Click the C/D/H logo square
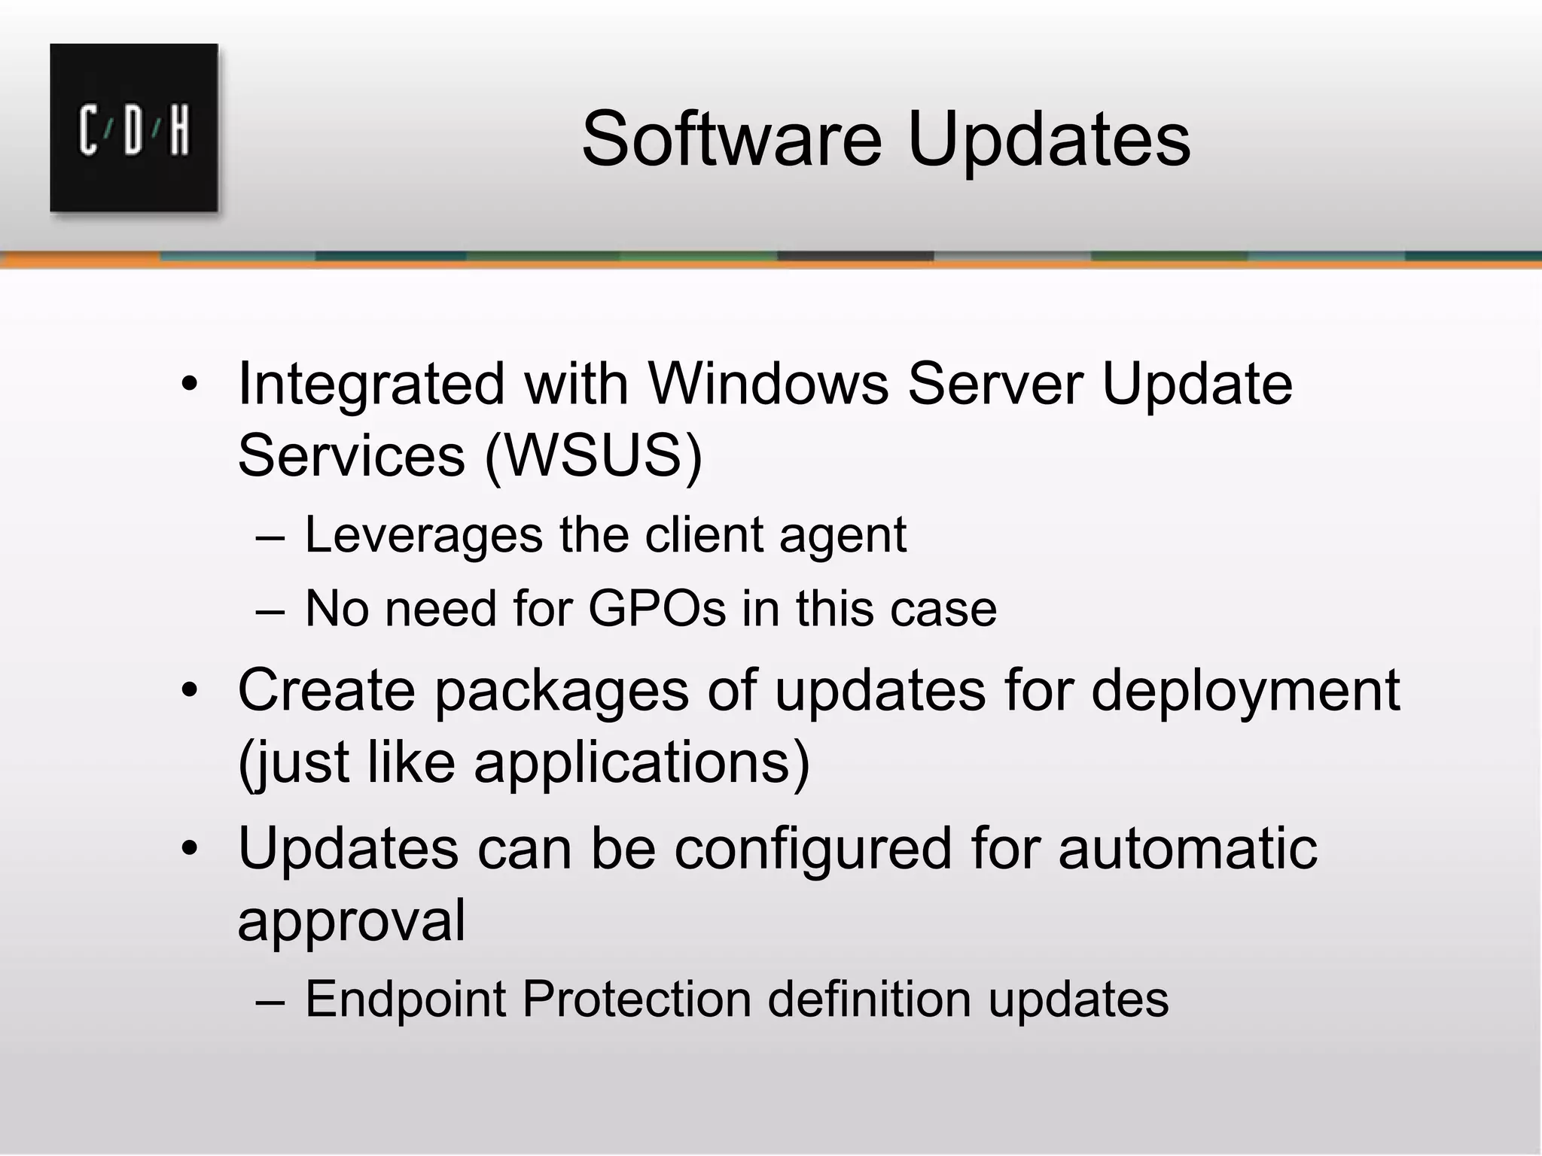(134, 128)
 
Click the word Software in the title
(731, 139)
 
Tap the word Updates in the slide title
(1049, 141)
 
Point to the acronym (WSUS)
(593, 455)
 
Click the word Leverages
(424, 535)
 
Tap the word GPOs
(657, 608)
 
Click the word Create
(326, 689)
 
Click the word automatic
(1187, 847)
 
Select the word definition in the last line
(869, 999)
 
